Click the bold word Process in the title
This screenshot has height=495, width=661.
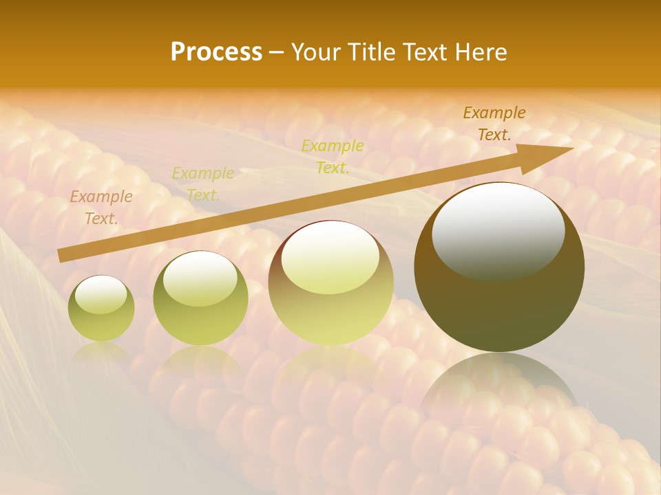click(216, 52)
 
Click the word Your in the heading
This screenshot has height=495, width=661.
click(318, 52)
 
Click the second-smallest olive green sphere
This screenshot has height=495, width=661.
click(200, 298)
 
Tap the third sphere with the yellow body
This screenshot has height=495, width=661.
click(331, 283)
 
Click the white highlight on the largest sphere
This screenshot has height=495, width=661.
click(498, 230)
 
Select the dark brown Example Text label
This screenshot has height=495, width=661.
click(494, 124)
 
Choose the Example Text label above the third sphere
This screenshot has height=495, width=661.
click(333, 157)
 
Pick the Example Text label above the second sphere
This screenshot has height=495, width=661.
click(203, 184)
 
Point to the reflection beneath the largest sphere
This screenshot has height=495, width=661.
click(499, 385)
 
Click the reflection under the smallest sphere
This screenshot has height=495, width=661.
click(101, 352)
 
